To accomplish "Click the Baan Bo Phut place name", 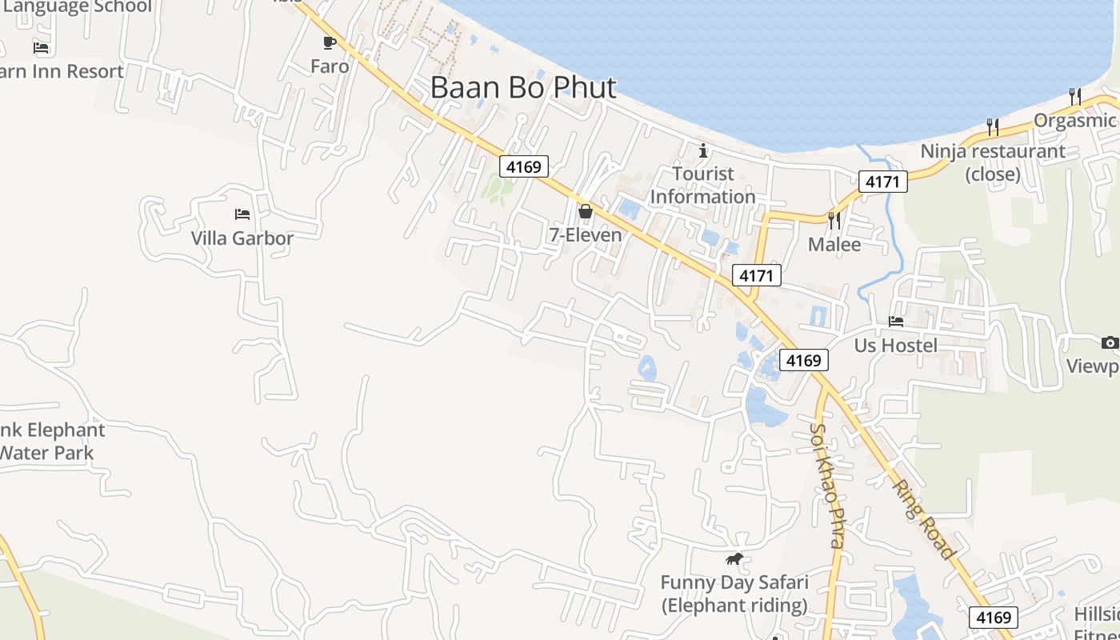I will [x=523, y=88].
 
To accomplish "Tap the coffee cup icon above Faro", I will [x=329, y=42].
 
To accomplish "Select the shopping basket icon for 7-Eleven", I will [x=586, y=211].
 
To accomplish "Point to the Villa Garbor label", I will [x=242, y=238].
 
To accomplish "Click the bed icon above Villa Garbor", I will [x=242, y=214].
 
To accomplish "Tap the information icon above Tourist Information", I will [x=703, y=150].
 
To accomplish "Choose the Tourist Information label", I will [x=702, y=185].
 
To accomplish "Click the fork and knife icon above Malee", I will [x=834, y=220].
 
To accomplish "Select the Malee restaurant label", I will [x=834, y=244].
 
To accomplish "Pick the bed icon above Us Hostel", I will [x=896, y=322].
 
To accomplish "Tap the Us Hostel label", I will [x=896, y=346].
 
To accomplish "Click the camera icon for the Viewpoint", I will [x=1110, y=343].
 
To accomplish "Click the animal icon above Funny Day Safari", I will [x=734, y=558].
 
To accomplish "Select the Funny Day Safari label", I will [x=734, y=594].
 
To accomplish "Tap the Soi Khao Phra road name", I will [x=826, y=485].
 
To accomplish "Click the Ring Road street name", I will [x=923, y=518].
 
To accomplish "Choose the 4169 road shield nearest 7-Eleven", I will [x=524, y=167].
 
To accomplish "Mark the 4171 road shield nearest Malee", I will [x=756, y=276].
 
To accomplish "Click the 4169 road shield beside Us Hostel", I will [x=803, y=361].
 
